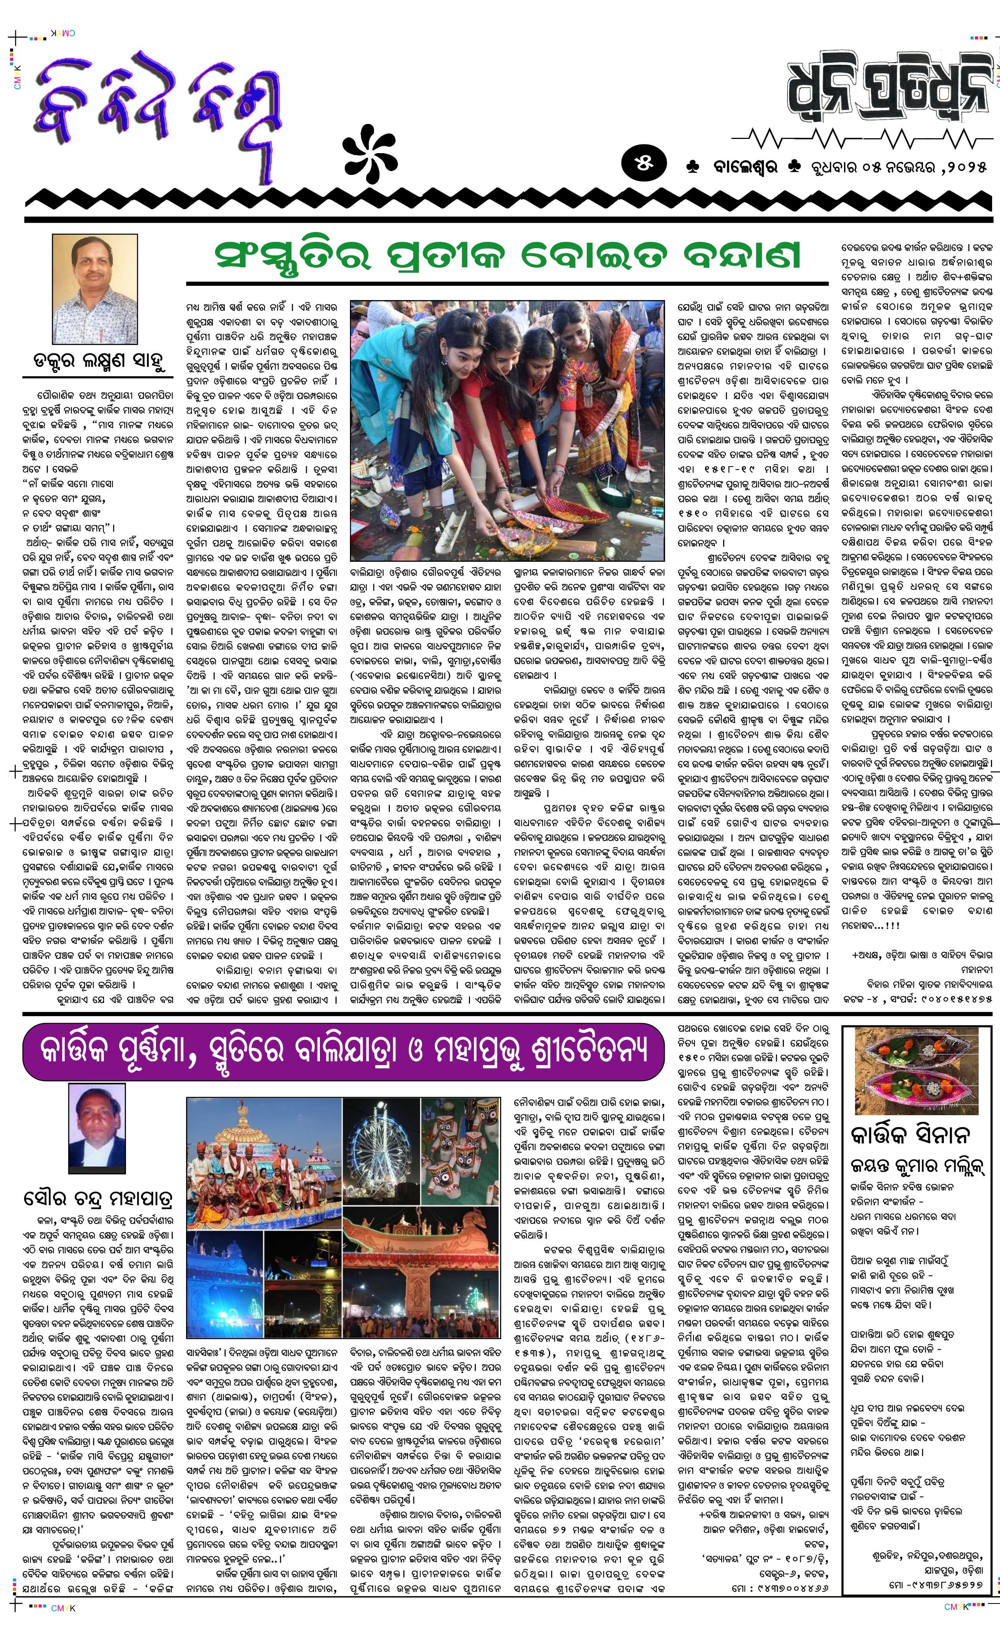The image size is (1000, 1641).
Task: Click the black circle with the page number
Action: click(x=643, y=165)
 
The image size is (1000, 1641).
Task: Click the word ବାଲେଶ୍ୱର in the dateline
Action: click(x=739, y=167)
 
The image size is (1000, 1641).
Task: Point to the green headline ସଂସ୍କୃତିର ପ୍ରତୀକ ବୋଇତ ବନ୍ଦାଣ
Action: click(x=506, y=257)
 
